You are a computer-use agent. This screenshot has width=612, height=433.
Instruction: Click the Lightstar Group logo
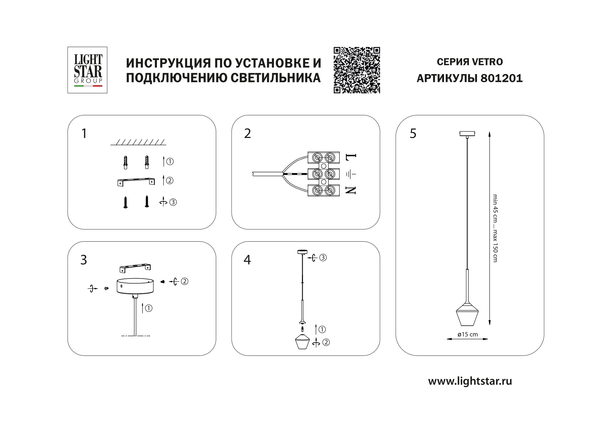click(x=87, y=70)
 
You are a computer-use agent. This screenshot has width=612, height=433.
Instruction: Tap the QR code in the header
click(x=357, y=70)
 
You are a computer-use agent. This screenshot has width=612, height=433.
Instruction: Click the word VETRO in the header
click(x=487, y=62)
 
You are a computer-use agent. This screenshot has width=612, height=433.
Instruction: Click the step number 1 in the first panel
click(x=84, y=134)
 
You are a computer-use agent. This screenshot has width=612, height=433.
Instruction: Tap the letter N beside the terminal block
click(x=351, y=190)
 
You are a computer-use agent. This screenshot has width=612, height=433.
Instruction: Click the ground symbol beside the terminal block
click(x=351, y=174)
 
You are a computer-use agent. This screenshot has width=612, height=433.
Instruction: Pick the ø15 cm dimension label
click(x=468, y=335)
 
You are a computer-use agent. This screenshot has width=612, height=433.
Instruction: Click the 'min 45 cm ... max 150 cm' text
click(x=495, y=228)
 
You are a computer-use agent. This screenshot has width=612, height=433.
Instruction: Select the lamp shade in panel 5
click(x=467, y=318)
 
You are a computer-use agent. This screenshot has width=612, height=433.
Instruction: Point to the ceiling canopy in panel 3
click(x=135, y=286)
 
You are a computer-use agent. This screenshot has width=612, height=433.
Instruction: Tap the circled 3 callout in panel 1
click(x=173, y=202)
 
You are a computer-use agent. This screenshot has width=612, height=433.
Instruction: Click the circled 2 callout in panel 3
click(x=184, y=281)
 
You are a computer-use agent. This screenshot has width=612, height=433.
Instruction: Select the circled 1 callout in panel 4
click(x=322, y=330)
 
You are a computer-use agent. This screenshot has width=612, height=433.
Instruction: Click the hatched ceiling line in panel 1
click(x=138, y=142)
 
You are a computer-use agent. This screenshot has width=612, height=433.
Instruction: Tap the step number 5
click(x=413, y=134)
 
